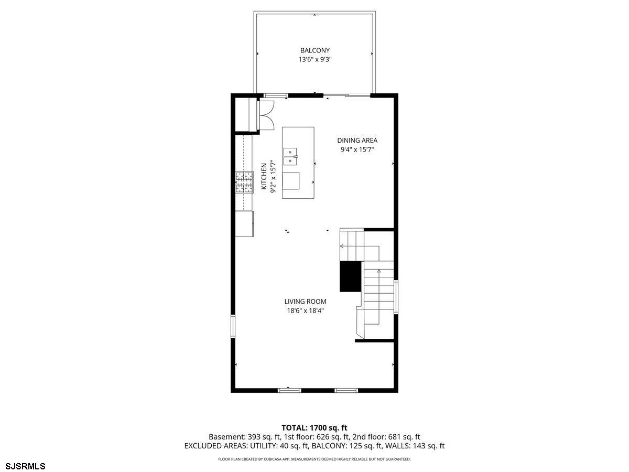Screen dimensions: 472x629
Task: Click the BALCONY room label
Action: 314,50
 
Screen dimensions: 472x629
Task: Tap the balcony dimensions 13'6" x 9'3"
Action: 314,60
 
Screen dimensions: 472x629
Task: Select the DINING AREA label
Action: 357,140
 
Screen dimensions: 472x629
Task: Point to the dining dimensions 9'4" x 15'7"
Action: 357,149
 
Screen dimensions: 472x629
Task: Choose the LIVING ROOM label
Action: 305,302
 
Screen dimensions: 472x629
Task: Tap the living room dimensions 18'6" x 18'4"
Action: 305,310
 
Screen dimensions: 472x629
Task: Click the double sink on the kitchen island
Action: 290,156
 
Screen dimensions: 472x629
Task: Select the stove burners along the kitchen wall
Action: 244,183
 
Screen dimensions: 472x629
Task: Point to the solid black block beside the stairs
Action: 350,276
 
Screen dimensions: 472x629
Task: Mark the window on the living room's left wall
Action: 234,325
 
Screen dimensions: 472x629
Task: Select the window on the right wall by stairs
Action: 396,298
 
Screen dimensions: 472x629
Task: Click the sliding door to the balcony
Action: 347,95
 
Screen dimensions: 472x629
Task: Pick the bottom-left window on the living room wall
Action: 289,390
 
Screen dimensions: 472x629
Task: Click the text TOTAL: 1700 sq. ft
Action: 314,428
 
